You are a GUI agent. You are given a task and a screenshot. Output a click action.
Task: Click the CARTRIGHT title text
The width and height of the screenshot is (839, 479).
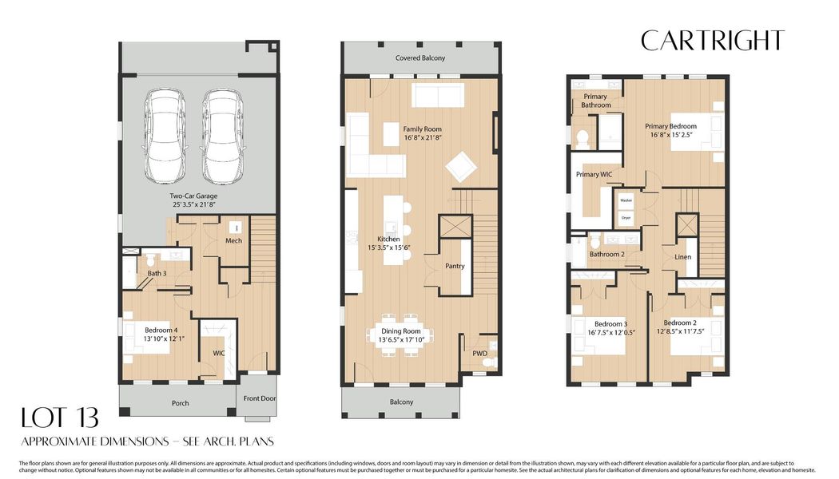(713, 41)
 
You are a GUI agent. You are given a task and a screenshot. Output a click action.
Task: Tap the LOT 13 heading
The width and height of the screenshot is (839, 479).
(61, 418)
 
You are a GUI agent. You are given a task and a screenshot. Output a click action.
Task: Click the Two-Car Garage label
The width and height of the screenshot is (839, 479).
(193, 196)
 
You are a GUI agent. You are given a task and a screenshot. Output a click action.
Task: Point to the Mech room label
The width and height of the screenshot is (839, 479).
(233, 240)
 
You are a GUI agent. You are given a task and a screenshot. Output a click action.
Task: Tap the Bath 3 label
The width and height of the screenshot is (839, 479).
(157, 274)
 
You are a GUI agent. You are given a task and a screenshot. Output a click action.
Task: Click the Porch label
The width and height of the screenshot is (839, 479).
(181, 403)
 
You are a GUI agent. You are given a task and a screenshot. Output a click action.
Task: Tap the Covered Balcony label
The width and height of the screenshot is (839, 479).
(420, 58)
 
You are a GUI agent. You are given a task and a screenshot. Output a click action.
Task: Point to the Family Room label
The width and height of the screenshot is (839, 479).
(422, 129)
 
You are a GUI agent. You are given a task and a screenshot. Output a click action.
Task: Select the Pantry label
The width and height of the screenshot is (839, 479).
(455, 267)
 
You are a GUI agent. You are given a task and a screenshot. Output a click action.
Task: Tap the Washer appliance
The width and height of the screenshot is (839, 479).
(626, 200)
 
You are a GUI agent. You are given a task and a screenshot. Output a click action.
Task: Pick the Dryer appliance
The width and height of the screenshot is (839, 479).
(626, 216)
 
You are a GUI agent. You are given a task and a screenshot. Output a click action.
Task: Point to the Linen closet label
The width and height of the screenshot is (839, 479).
(682, 257)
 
